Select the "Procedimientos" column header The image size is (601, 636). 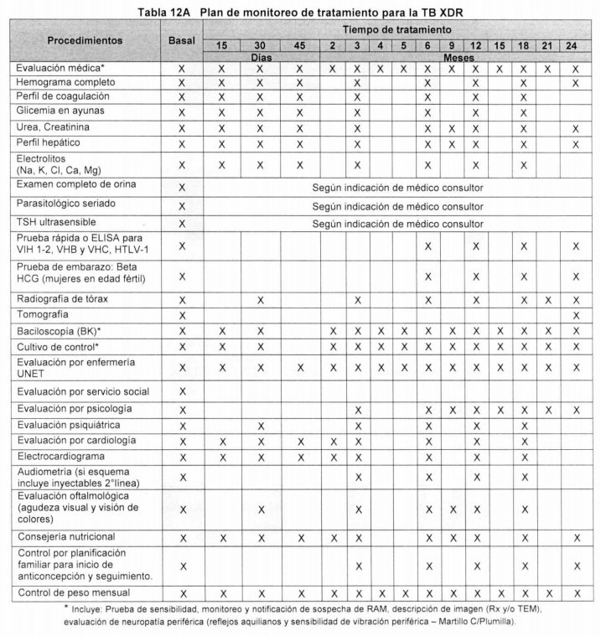pyautogui.click(x=84, y=40)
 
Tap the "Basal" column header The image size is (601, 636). pyautogui.click(x=182, y=40)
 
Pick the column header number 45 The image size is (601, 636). pyautogui.click(x=299, y=45)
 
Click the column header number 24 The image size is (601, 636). pyautogui.click(x=576, y=45)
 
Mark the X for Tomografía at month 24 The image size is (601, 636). pyautogui.click(x=576, y=315)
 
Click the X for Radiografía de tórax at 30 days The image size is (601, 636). pyautogui.click(x=261, y=299)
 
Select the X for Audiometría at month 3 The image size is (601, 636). pyautogui.click(x=358, y=478)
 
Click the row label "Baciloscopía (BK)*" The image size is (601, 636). pyautogui.click(x=60, y=330)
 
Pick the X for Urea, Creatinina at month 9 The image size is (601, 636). pyautogui.click(x=453, y=128)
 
